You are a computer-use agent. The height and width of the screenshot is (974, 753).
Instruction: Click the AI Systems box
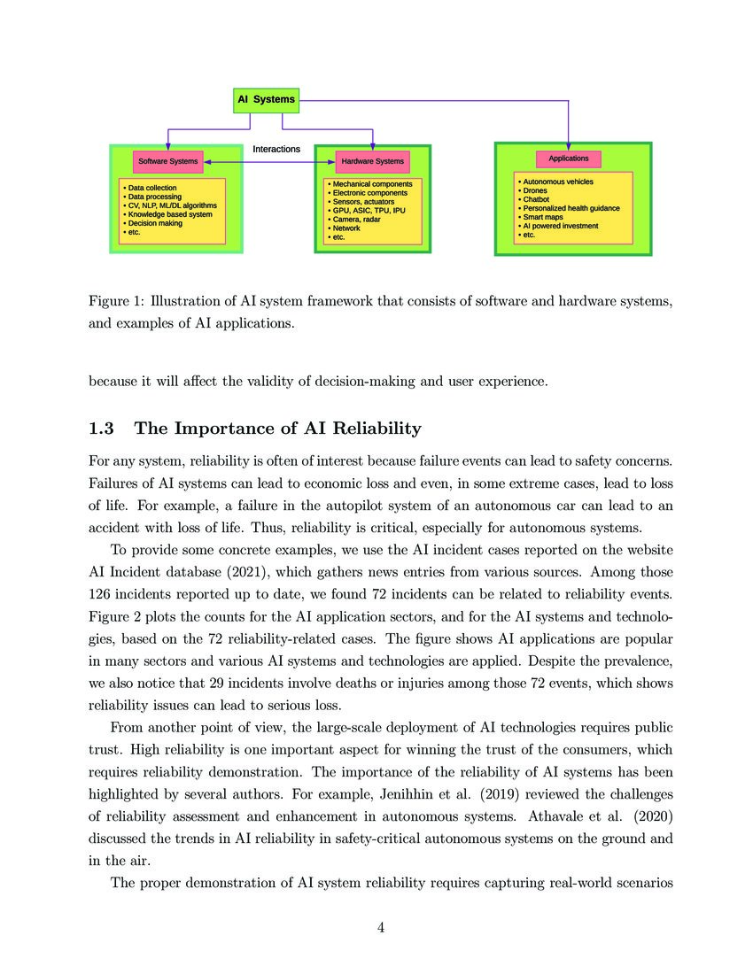click(x=265, y=100)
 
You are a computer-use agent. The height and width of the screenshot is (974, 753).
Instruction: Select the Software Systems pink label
click(x=167, y=162)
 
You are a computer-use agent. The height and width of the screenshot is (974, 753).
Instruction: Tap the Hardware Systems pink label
click(x=372, y=162)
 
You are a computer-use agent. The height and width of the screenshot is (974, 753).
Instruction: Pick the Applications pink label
click(x=569, y=158)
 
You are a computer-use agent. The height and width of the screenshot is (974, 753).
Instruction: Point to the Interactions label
click(x=276, y=149)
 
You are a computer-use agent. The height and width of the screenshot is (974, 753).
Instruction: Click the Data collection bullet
click(x=151, y=188)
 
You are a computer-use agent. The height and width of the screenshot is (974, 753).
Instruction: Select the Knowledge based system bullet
click(x=169, y=214)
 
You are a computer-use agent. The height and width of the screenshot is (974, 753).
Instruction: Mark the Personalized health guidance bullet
click(x=571, y=208)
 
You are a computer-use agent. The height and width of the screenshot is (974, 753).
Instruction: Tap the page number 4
click(x=381, y=928)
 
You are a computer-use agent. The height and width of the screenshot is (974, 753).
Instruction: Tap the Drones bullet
click(x=535, y=190)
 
